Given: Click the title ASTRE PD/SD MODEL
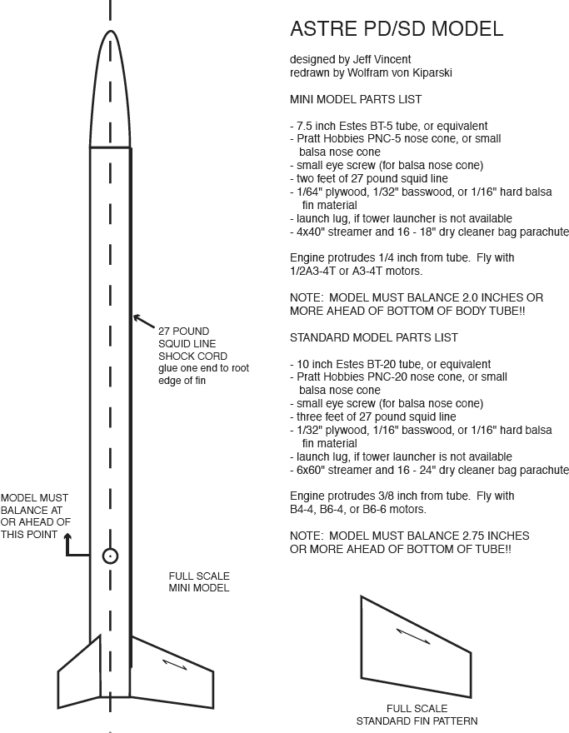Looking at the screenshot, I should pyautogui.click(x=396, y=29).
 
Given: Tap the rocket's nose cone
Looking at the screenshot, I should pyautogui.click(x=110, y=92).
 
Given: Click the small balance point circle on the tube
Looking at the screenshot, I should pyautogui.click(x=110, y=556).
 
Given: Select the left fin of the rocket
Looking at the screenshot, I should pyautogui.click(x=82, y=671).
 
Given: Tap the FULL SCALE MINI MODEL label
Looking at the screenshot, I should pyautogui.click(x=199, y=581).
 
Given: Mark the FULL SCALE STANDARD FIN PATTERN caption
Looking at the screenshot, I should pyautogui.click(x=417, y=715).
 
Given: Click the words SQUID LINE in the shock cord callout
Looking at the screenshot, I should pyautogui.click(x=187, y=343).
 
